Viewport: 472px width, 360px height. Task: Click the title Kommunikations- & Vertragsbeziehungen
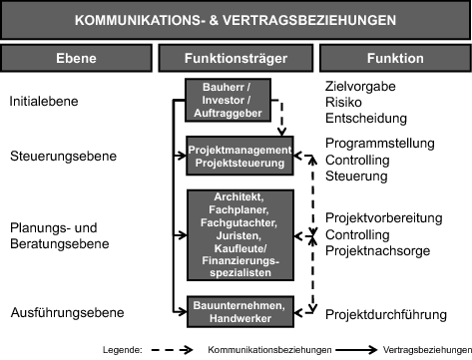tap(236, 20)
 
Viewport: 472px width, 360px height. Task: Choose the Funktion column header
tap(394, 58)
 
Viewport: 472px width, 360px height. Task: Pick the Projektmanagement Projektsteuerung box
tap(240, 155)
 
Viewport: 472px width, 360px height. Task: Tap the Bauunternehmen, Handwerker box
tap(240, 310)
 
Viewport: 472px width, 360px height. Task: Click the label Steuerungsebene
tap(64, 157)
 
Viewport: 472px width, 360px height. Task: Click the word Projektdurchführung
tap(386, 314)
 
